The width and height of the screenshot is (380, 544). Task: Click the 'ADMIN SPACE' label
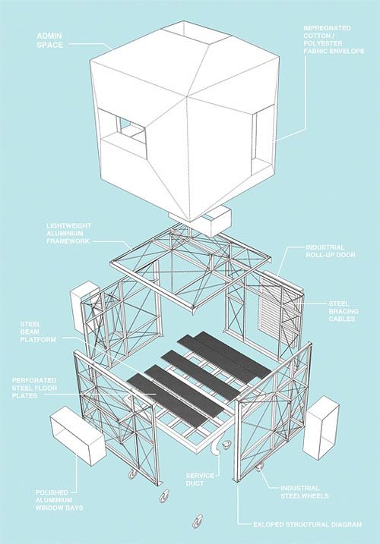[49, 40]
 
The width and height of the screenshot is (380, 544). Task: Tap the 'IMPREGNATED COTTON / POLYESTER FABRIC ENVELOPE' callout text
[334, 39]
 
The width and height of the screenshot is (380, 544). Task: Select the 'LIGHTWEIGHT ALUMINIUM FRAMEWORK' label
[68, 233]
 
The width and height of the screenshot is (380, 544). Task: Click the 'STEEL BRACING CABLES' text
[344, 311]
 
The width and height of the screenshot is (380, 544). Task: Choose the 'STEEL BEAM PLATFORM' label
[37, 332]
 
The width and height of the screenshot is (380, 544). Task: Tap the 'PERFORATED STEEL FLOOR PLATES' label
[34, 388]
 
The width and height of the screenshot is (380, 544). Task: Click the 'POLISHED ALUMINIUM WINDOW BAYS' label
[59, 500]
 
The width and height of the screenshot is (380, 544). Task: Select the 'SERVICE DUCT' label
[200, 480]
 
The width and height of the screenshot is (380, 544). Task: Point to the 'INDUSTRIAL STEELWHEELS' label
[305, 492]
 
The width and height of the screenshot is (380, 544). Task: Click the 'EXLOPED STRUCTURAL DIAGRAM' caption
[307, 524]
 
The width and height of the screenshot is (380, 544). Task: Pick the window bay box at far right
[321, 429]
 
